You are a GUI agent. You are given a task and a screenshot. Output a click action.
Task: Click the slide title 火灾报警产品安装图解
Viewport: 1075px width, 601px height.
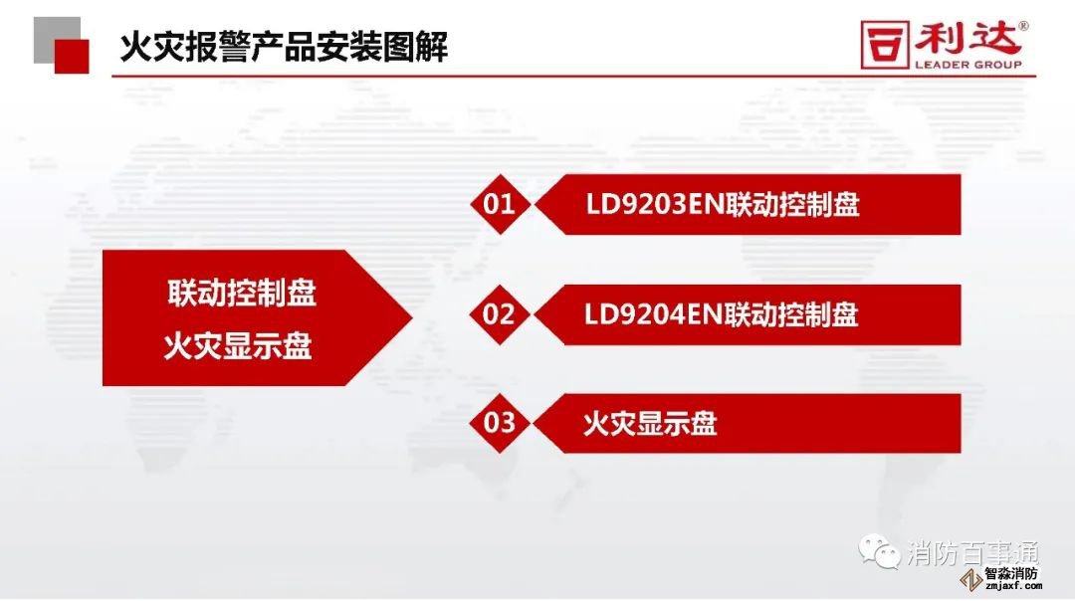pos(284,47)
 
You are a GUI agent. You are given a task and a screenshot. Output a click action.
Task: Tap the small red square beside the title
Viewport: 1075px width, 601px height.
pos(72,56)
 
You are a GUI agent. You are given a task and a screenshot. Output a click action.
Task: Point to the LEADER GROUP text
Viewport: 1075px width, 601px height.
pos(968,65)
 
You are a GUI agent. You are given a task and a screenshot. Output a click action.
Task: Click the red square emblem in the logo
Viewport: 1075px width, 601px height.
pos(885,45)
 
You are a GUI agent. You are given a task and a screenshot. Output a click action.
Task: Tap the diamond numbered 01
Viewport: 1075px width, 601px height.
pos(499,204)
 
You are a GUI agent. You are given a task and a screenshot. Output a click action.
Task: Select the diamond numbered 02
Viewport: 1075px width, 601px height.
pos(499,314)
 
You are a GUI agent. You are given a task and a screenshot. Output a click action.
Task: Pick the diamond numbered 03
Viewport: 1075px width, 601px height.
pos(499,423)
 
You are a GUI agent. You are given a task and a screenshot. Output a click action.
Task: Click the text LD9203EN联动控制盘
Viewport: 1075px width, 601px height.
pos(723,204)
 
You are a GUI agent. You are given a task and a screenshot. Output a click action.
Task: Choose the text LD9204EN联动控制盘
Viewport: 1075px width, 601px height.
pos(722,314)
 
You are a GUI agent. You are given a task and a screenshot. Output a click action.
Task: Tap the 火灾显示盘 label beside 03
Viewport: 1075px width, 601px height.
pos(650,424)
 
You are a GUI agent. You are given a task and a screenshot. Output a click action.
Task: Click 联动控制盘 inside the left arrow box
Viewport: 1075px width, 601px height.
pos(242,294)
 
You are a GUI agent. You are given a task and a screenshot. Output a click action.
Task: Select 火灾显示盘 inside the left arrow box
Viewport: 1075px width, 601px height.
pos(238,346)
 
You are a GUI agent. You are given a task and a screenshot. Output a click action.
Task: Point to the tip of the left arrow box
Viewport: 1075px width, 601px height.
pos(413,317)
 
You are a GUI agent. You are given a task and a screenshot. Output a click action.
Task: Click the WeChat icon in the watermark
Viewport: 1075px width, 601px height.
pos(880,552)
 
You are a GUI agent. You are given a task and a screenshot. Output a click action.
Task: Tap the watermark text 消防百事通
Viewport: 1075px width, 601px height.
pos(973,553)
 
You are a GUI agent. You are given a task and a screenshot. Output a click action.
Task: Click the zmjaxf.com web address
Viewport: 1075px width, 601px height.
pos(1013,585)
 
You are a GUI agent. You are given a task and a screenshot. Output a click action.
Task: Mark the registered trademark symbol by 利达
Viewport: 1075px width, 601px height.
pos(1023,26)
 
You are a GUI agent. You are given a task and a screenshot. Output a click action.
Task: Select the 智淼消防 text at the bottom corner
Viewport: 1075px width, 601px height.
pos(1011,573)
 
